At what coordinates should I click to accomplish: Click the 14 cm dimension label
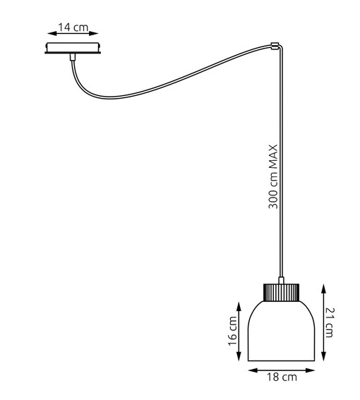pyautogui.click(x=73, y=28)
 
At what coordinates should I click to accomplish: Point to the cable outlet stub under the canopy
pyautogui.click(x=73, y=58)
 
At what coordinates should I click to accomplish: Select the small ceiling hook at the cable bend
pyautogui.click(x=273, y=48)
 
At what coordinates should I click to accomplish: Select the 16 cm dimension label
pyautogui.click(x=234, y=329)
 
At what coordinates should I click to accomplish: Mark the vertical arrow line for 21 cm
pyautogui.click(x=323, y=321)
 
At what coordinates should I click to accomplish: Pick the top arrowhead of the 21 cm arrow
pyautogui.click(x=323, y=286)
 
